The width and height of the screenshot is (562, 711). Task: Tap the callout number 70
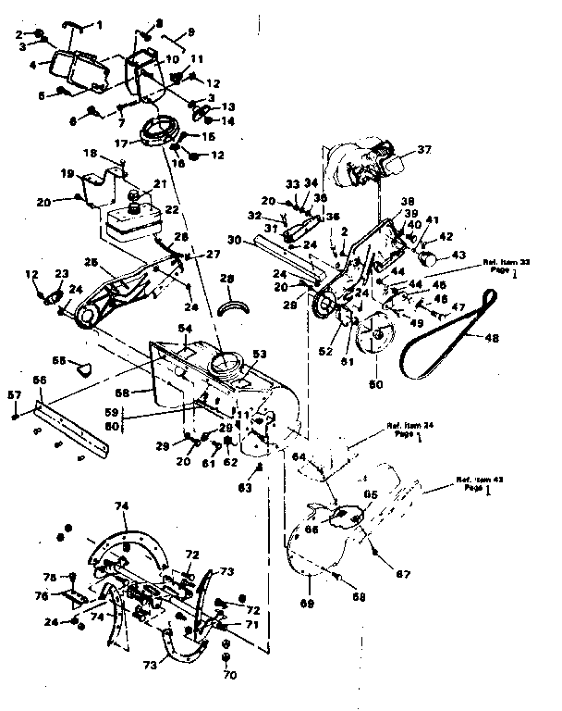click(230, 675)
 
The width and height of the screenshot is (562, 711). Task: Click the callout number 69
click(305, 604)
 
